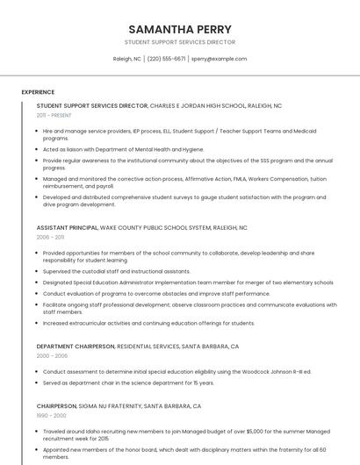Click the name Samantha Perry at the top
tap(180, 29)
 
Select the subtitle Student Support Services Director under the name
tap(180, 42)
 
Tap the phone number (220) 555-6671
tap(166, 59)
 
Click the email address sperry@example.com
tap(220, 59)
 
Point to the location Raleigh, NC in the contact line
tap(126, 59)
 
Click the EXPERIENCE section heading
tap(38, 92)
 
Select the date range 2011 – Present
tap(54, 115)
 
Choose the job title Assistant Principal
tap(67, 227)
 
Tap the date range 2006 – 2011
tap(50, 237)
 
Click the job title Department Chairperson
tap(76, 347)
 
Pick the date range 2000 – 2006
tap(52, 356)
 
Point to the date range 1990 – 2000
tap(51, 416)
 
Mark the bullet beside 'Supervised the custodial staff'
tap(37, 271)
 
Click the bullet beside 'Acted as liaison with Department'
tap(37, 149)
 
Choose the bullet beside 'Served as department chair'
tap(37, 383)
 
